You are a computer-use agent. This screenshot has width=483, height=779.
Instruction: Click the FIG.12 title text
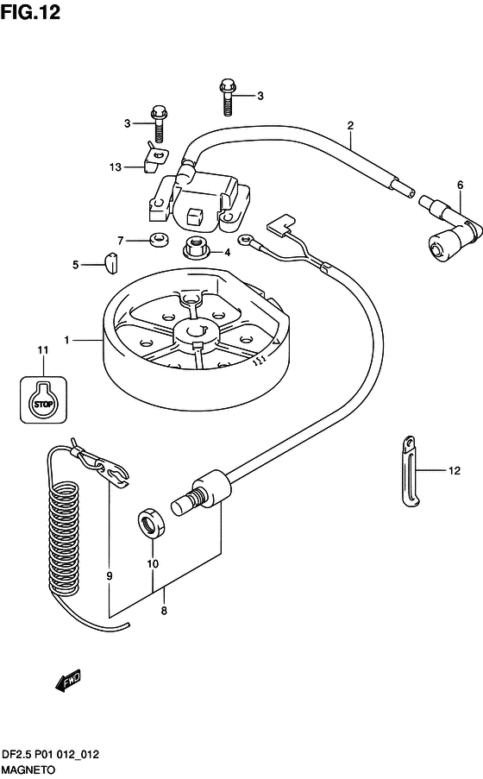pyautogui.click(x=30, y=12)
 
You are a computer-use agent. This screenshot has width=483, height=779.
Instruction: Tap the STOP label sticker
pyautogui.click(x=44, y=399)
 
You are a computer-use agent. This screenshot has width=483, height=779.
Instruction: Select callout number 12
pyautogui.click(x=455, y=470)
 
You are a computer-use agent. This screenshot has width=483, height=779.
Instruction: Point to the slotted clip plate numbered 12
pyautogui.click(x=411, y=472)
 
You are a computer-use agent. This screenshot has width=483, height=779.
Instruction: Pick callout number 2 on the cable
pyautogui.click(x=350, y=126)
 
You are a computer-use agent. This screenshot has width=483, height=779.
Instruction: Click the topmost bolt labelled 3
pyautogui.click(x=227, y=97)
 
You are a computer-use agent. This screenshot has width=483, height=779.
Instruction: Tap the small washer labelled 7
pyautogui.click(x=160, y=240)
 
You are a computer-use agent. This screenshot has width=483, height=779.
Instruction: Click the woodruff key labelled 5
pyautogui.click(x=110, y=262)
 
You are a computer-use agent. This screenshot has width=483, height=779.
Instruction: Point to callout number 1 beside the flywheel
pyautogui.click(x=66, y=340)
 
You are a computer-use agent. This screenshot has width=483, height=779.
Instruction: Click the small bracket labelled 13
pyautogui.click(x=155, y=158)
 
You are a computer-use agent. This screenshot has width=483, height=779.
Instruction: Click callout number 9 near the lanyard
pyautogui.click(x=110, y=575)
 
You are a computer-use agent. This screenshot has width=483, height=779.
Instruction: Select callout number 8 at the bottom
pyautogui.click(x=164, y=611)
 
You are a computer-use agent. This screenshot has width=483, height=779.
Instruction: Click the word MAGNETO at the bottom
pyautogui.click(x=28, y=770)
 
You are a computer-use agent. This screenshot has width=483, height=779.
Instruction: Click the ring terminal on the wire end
pyautogui.click(x=244, y=241)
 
